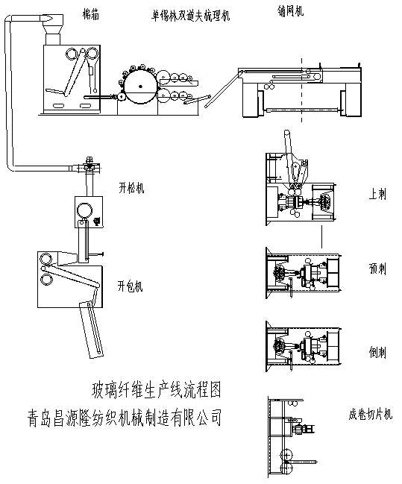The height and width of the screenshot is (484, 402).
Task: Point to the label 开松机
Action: coord(131,187)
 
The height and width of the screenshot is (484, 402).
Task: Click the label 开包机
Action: coord(130,286)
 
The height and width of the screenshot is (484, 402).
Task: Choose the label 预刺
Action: coord(377,268)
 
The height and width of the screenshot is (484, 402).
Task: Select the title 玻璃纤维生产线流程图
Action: coord(155,389)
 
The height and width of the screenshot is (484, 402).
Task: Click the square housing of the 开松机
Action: coord(88,211)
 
